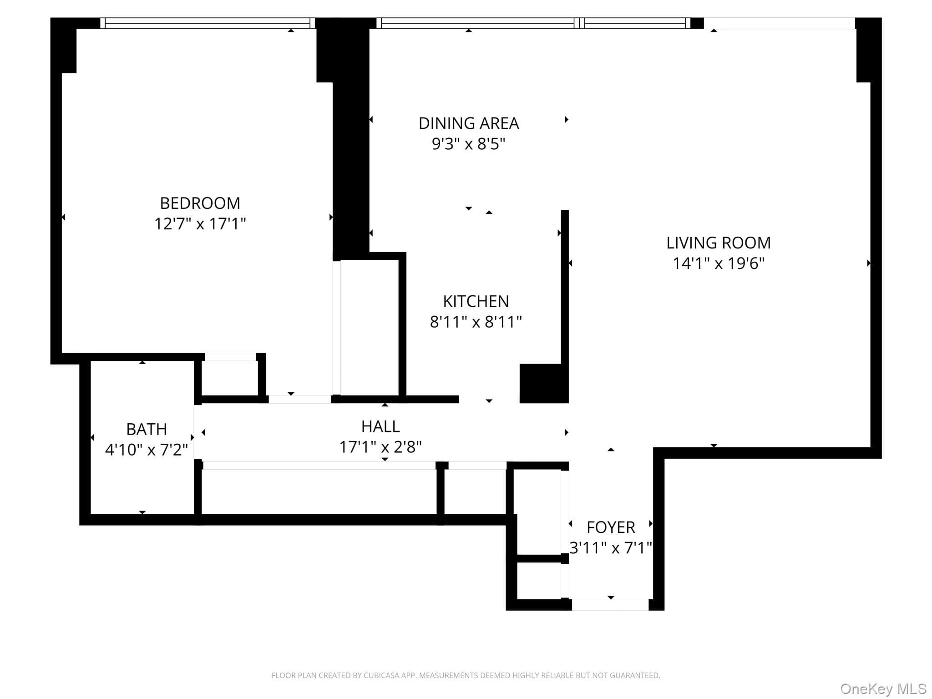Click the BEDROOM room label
(200, 203)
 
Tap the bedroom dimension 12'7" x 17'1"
(200, 224)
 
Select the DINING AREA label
(469, 123)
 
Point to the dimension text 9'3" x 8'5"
(469, 144)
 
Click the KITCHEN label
(476, 301)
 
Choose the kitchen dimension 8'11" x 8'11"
(476, 322)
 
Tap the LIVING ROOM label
(719, 243)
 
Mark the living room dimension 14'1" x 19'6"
(719, 263)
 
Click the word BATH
(147, 429)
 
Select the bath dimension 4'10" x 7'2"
(147, 450)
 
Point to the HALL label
(380, 426)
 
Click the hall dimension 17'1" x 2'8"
(380, 447)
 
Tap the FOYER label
(611, 527)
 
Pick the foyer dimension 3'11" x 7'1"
(611, 548)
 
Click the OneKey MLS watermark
(883, 689)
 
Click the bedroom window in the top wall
(208, 23)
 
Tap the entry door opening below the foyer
(610, 605)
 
